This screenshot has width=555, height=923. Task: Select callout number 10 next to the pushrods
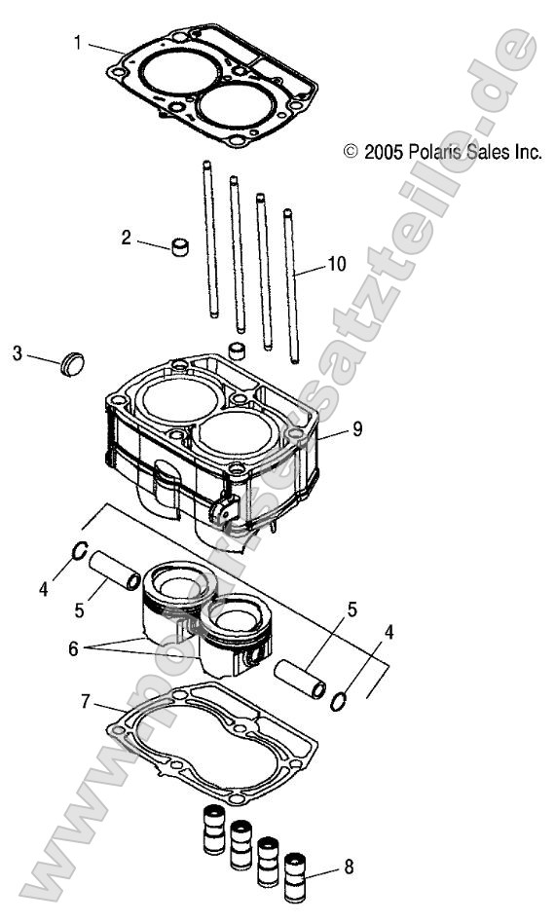(337, 264)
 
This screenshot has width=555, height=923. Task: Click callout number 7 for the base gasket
(86, 699)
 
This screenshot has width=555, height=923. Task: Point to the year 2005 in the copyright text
(384, 152)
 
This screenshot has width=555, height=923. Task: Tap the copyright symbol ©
(351, 152)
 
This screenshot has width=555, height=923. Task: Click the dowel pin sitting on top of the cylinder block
(236, 351)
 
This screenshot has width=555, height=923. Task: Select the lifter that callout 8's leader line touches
(293, 868)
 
